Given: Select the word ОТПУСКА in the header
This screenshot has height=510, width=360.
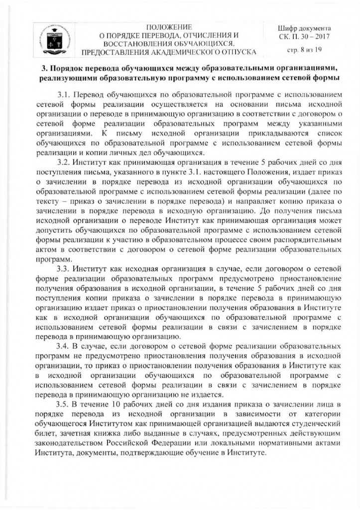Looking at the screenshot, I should click(x=239, y=51).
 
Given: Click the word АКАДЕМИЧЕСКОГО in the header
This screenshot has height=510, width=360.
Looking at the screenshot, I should click(x=175, y=51).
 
